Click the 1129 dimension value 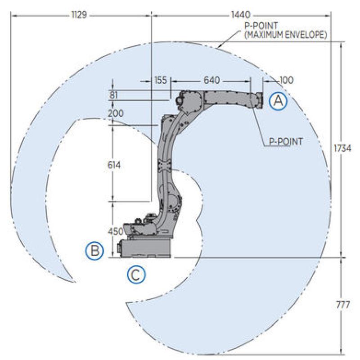click(79, 15)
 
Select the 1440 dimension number click(240, 15)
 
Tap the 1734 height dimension click(342, 148)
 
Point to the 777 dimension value click(343, 305)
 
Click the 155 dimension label click(161, 80)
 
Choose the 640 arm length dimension click(212, 80)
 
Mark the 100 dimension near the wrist click(286, 80)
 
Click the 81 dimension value click(114, 95)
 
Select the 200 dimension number click(116, 113)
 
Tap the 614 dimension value click(114, 165)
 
